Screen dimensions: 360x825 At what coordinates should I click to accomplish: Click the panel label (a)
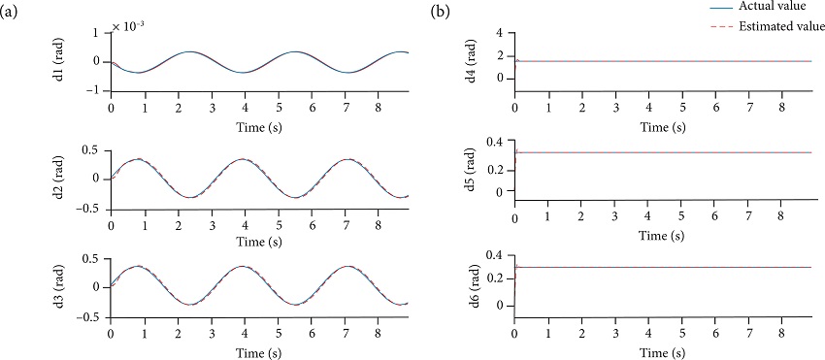[x=12, y=14]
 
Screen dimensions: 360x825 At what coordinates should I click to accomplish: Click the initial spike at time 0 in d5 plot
[x=516, y=151]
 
